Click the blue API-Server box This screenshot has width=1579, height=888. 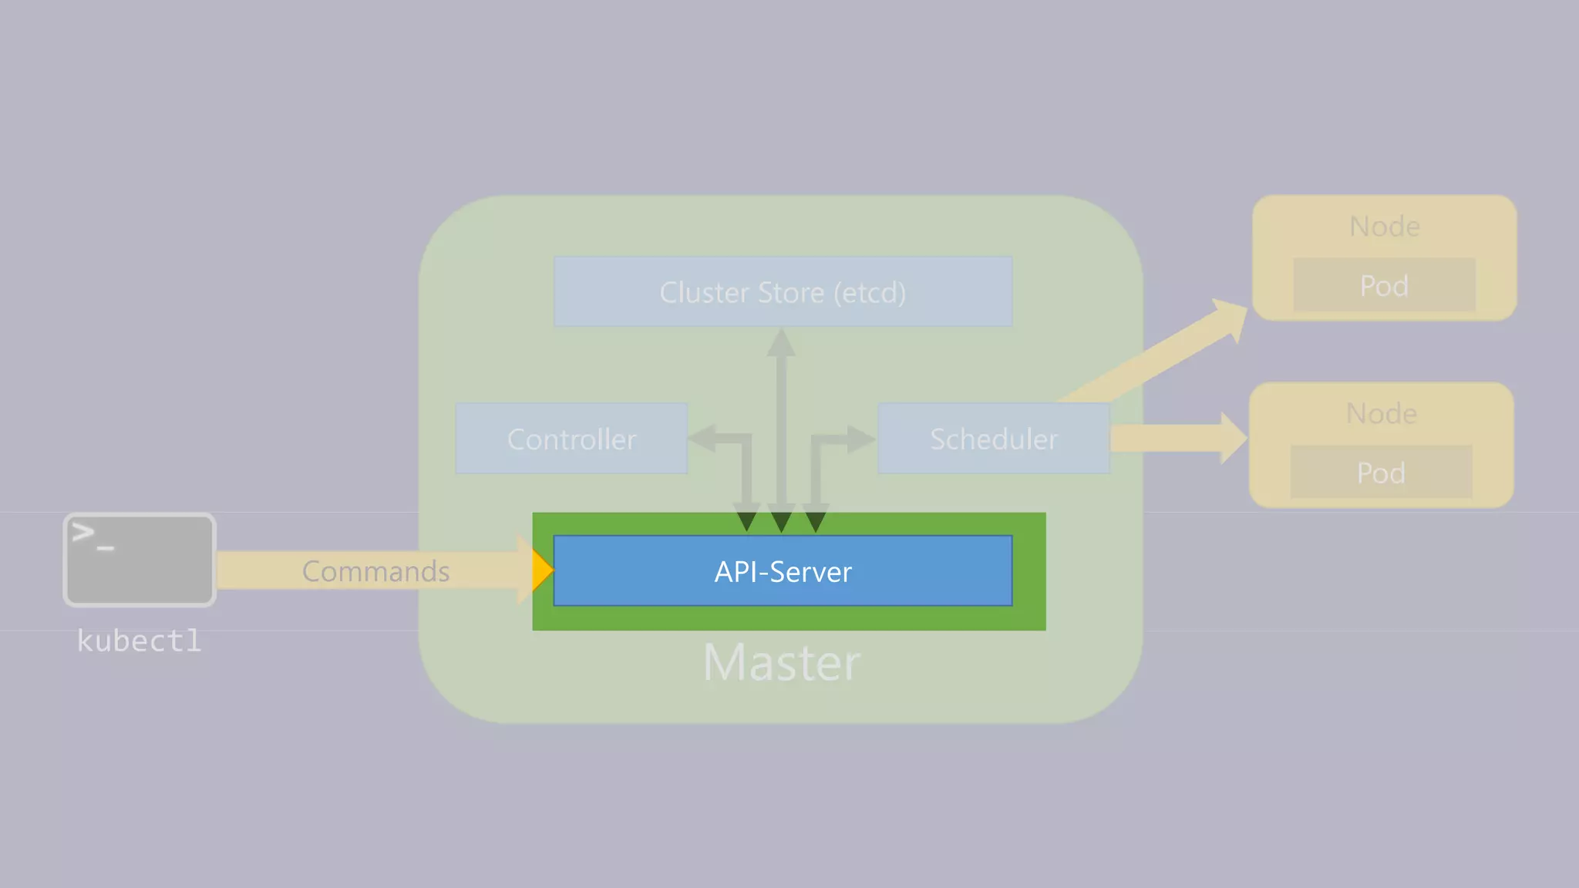click(783, 571)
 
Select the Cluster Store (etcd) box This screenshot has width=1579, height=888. click(783, 292)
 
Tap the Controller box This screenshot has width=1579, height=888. click(571, 439)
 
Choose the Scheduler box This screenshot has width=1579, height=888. click(993, 439)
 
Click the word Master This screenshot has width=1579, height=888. click(781, 663)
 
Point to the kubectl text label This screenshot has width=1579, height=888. click(139, 641)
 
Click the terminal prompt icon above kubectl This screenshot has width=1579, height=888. click(139, 560)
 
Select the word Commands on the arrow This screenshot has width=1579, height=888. click(375, 571)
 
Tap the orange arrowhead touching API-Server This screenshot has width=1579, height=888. click(542, 570)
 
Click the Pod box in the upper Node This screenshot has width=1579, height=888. click(1384, 285)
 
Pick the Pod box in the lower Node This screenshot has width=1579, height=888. click(1381, 473)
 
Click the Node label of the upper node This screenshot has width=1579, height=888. click(1384, 226)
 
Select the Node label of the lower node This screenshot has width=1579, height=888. click(1381, 413)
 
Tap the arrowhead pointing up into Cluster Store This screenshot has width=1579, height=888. click(781, 343)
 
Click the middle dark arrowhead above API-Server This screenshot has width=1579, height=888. click(781, 521)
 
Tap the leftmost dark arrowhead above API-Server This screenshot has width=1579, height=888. click(746, 521)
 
